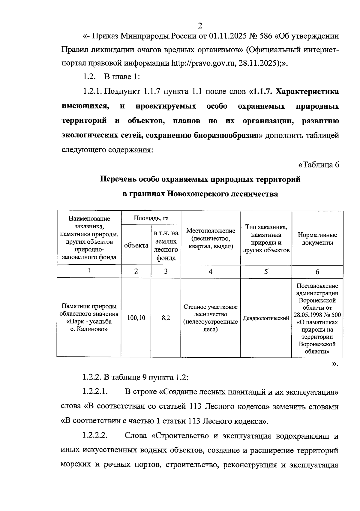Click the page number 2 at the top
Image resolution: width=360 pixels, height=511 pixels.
click(x=200, y=26)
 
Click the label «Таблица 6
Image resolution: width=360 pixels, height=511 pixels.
click(x=319, y=165)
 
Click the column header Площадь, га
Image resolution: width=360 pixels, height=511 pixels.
click(x=151, y=218)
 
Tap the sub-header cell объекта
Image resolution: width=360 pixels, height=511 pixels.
click(x=136, y=245)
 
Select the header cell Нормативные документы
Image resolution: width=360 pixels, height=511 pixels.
click(x=317, y=239)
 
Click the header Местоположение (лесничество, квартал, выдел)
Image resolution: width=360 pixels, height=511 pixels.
click(x=211, y=239)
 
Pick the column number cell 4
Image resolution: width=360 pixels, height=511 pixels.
click(x=211, y=272)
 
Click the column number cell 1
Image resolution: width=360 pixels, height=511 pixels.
click(x=89, y=271)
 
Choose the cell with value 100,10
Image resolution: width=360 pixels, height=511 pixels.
click(x=136, y=318)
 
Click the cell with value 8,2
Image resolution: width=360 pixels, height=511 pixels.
click(x=166, y=318)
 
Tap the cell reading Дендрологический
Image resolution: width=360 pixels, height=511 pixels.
click(x=266, y=318)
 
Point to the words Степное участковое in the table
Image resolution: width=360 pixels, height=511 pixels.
click(x=211, y=307)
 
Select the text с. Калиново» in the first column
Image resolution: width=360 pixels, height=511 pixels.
click(x=89, y=329)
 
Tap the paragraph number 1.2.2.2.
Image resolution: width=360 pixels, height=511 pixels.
click(x=95, y=436)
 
